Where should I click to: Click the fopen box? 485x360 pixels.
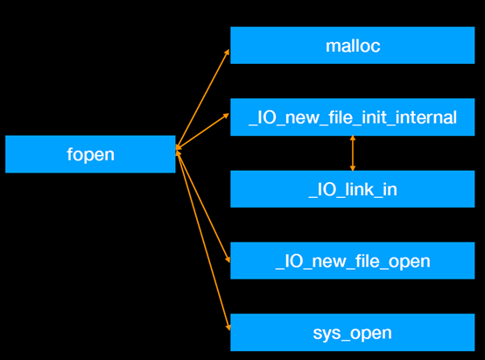[90, 154]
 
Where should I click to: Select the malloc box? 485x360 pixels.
[352, 46]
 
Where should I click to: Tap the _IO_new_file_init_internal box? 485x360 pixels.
[352, 117]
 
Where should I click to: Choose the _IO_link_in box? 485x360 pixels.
[352, 189]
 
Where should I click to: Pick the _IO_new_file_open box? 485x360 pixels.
[352, 261]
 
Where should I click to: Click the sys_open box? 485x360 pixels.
[352, 333]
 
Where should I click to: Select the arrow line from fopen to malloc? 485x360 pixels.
[203, 98]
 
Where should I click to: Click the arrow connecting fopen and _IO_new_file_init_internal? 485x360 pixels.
[203, 131]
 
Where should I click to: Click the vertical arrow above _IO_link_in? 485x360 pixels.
[353, 153]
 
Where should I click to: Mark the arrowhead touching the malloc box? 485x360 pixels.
[227, 52]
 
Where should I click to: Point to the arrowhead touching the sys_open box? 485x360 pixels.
[228, 327]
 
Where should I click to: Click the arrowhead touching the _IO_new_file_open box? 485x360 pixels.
[227, 258]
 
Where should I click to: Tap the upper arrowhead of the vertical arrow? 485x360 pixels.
[353, 140]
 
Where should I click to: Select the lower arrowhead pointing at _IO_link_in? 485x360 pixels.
[353, 166]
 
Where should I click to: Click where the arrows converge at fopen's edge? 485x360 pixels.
[177, 150]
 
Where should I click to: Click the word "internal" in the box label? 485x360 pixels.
[426, 117]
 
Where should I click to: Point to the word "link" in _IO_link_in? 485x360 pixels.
[354, 189]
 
